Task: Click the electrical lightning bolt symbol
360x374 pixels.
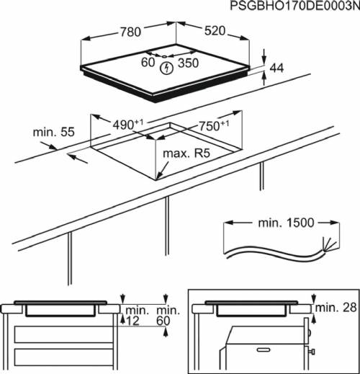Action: click(x=168, y=68)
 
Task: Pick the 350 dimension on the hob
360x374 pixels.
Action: click(x=189, y=63)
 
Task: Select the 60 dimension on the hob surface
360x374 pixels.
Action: click(x=148, y=63)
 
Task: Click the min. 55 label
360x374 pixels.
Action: click(x=53, y=133)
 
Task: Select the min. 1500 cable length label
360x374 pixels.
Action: click(x=286, y=223)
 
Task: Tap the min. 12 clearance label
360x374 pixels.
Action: click(x=136, y=315)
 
